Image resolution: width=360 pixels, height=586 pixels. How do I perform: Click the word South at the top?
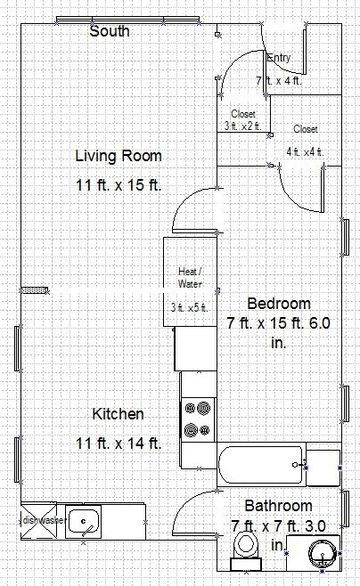pos(110,31)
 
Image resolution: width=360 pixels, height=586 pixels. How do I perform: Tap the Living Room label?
pos(119,156)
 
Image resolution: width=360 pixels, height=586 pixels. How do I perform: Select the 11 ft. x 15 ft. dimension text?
pos(119,185)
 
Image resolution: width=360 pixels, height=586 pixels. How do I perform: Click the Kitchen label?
pos(118,414)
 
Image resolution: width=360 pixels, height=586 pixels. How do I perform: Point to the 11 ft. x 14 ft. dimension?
pos(118,443)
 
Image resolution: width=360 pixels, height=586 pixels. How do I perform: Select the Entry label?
pos(279,58)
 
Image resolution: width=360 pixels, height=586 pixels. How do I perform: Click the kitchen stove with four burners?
pos(197,419)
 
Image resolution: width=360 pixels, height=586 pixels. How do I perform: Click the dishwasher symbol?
pos(36,519)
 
